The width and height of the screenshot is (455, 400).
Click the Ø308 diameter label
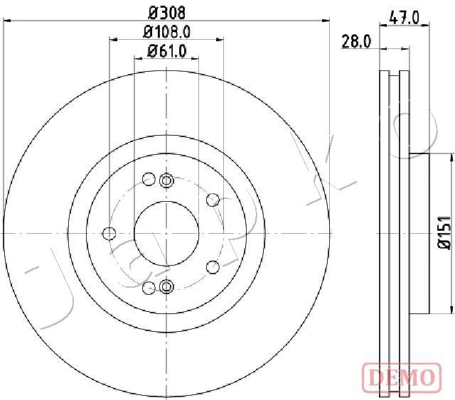coord(166,13)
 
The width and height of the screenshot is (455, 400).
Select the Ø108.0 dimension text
coord(166,32)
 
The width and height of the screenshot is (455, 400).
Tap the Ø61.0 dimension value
coord(166,51)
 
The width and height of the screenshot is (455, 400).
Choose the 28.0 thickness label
coord(356,41)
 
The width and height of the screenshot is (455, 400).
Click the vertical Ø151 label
coord(444,232)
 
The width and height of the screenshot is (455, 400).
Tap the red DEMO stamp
coord(402,377)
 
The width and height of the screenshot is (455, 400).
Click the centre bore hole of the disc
coord(166,233)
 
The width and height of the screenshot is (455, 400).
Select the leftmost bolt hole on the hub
coord(109,234)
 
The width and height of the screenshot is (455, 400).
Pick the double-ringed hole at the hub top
coord(166,180)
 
